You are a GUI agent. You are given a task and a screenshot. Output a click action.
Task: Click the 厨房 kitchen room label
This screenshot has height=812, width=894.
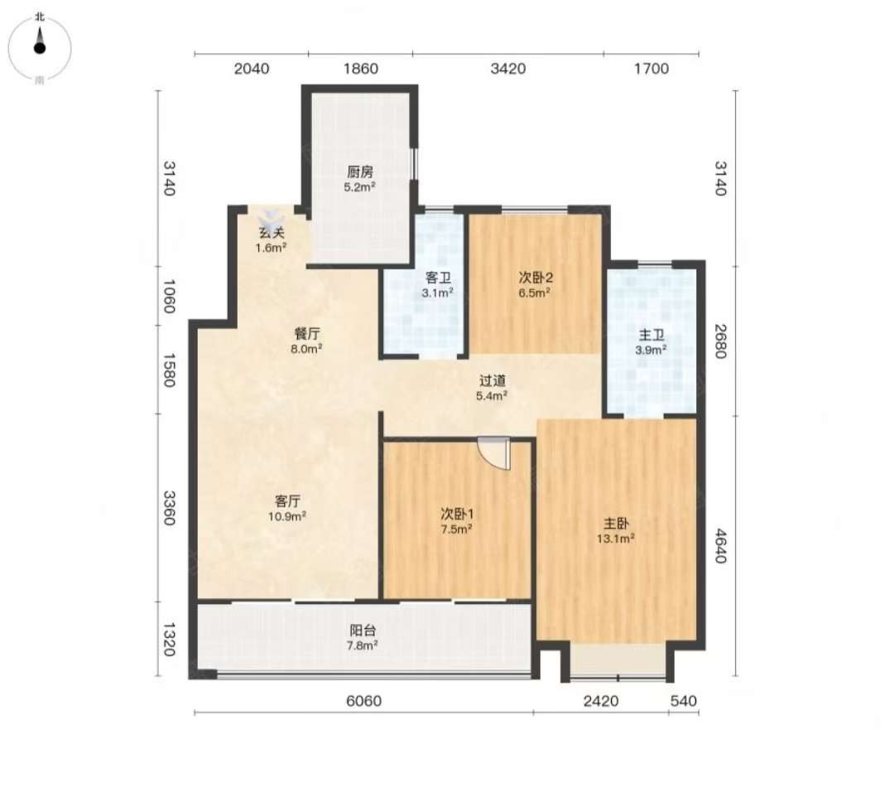(360, 172)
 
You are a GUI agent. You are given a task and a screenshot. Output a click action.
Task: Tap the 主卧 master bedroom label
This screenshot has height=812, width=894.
(616, 524)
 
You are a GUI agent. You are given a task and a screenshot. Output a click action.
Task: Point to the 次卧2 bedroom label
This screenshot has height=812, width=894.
(536, 278)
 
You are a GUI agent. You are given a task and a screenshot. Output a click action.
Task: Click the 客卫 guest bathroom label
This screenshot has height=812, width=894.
(438, 278)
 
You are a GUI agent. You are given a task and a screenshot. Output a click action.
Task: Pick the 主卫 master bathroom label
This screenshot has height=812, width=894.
(651, 335)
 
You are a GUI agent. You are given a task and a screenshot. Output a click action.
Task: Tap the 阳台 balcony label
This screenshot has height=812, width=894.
(363, 631)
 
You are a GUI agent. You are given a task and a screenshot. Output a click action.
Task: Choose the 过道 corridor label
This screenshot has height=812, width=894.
(492, 380)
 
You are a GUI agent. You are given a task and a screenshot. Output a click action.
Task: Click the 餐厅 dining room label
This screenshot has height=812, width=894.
(307, 334)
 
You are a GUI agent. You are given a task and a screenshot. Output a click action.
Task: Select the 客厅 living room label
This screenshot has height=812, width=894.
(287, 501)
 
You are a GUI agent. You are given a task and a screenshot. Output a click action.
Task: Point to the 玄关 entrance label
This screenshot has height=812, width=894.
(272, 233)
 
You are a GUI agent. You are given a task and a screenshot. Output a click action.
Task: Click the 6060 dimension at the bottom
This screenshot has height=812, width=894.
(363, 701)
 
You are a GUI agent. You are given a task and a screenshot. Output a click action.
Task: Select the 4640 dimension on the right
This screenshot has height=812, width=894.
(721, 546)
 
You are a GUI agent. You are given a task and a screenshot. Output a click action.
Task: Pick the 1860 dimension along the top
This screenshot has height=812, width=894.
(361, 69)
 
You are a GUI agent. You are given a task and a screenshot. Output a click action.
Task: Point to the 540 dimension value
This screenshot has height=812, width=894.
(684, 701)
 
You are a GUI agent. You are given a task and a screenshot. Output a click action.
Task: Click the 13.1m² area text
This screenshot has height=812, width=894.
(616, 538)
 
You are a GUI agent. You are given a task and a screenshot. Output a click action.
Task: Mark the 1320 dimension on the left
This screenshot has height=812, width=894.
(169, 639)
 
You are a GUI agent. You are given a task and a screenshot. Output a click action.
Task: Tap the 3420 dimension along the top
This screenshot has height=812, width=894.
(508, 69)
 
